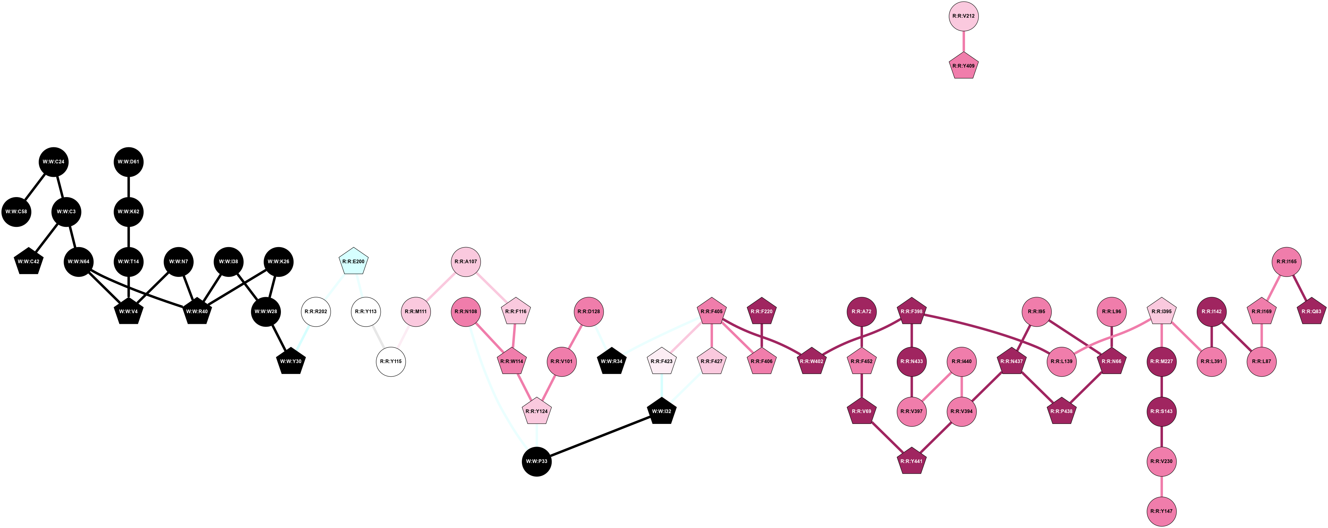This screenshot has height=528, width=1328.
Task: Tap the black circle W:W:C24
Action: (53, 162)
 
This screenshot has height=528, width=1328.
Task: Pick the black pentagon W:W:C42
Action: (28, 262)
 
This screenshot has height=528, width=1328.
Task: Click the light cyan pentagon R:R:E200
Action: (354, 262)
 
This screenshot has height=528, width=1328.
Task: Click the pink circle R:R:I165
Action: (1287, 262)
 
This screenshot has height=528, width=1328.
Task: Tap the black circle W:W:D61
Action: (128, 162)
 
